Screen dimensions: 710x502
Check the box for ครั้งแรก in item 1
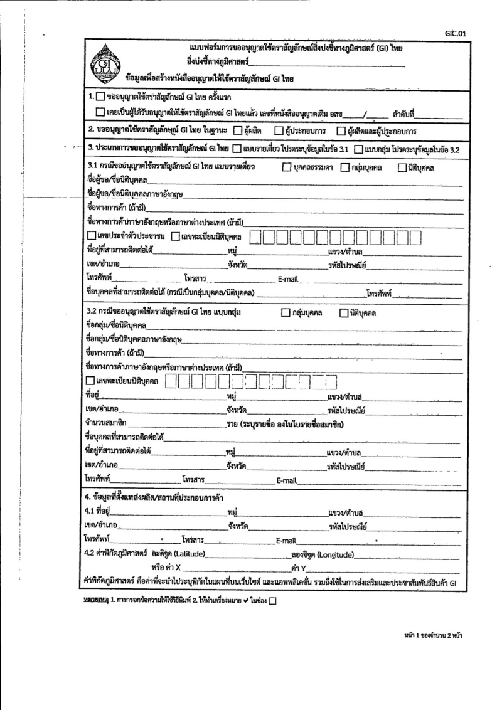click(99, 98)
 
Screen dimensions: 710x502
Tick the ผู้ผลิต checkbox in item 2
click(237, 131)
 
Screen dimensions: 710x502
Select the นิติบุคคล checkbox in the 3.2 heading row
click(343, 312)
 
